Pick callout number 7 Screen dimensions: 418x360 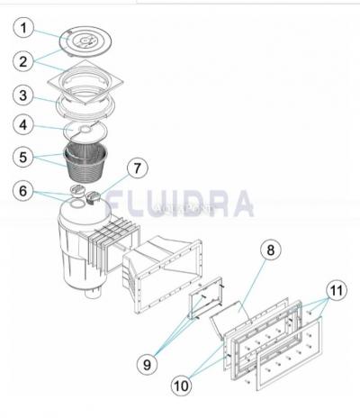pyautogui.click(x=136, y=168)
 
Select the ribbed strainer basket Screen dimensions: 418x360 pyautogui.click(x=90, y=160)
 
